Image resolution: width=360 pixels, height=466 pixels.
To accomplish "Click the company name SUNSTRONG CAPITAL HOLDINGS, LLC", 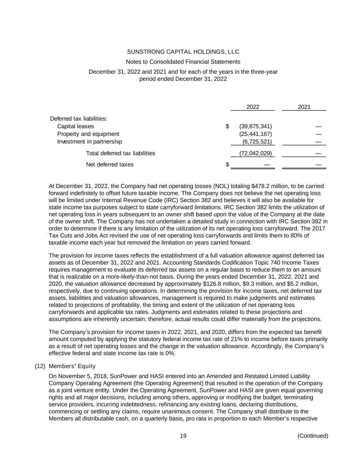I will (183, 52).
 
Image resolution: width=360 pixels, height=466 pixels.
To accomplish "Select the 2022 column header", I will (253, 107).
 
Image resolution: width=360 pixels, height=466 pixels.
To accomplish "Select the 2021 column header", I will (304, 107).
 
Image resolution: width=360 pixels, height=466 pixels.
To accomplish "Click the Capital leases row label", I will (75, 126).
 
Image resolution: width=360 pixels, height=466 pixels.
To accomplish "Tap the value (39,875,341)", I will (256, 126).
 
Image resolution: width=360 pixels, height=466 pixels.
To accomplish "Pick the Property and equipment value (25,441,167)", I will (256, 134).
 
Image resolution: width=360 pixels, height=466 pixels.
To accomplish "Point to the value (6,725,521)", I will (257, 142).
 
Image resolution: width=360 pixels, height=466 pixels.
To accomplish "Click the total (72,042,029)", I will (256, 153).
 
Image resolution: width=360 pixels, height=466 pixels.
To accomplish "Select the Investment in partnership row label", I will (89, 142).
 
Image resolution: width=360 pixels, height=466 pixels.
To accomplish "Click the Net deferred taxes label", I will (110, 165).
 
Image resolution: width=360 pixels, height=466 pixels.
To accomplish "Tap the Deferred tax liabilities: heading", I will (78, 119).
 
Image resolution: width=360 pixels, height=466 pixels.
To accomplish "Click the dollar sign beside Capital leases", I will (227, 126).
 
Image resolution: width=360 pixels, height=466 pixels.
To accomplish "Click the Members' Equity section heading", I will (72, 366).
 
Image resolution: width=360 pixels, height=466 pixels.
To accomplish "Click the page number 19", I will (183, 436).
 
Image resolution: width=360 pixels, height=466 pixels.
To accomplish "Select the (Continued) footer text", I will (313, 436).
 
